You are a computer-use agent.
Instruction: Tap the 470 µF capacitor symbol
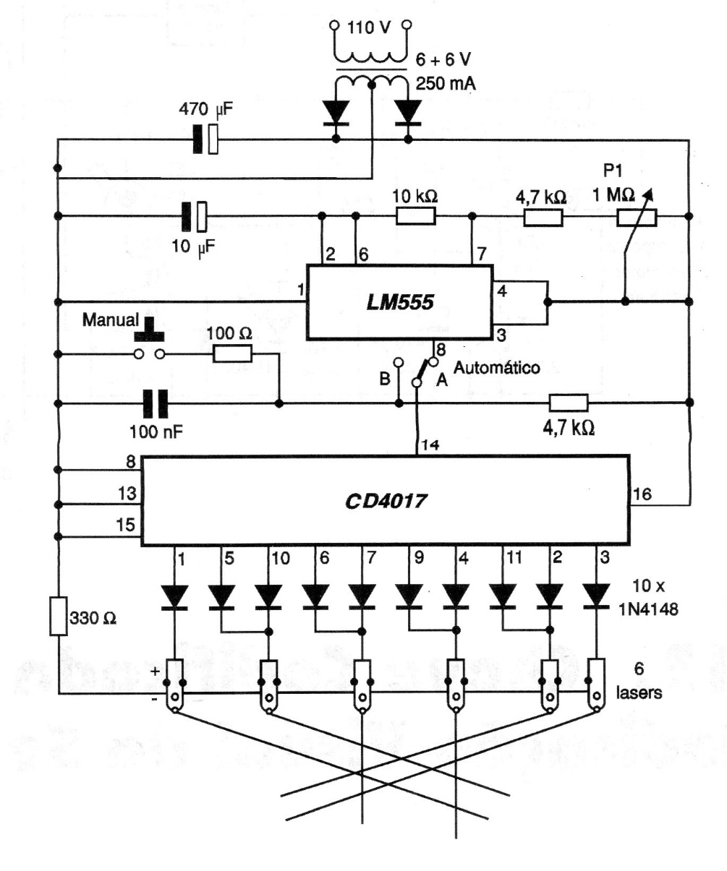(x=205, y=139)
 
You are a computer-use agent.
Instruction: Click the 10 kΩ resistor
(x=416, y=215)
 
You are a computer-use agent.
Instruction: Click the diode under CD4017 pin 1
(x=174, y=596)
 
